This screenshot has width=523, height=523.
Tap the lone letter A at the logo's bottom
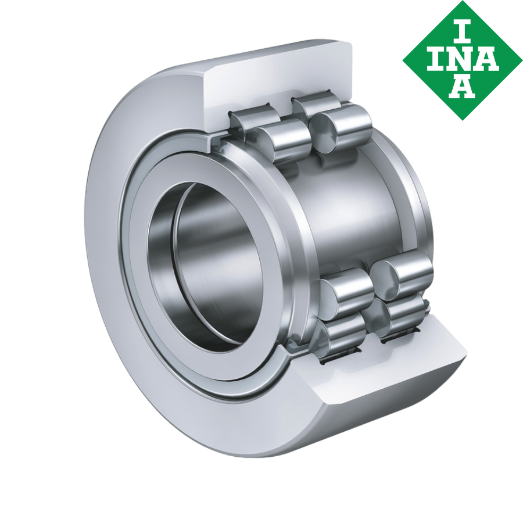(x=463, y=87)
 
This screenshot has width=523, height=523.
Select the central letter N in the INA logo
(x=463, y=59)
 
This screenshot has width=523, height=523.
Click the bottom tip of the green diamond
(x=463, y=119)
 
